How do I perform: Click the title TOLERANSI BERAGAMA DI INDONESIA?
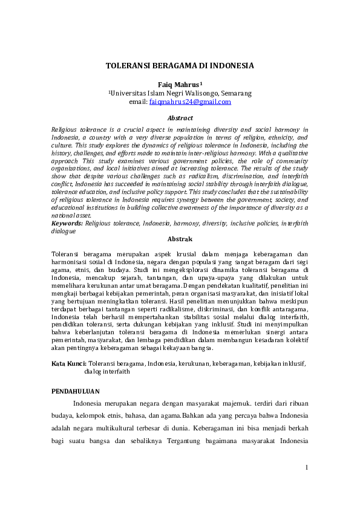180,65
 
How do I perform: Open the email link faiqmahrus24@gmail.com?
190,102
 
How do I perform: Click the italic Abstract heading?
180,118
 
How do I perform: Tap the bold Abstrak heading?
180,239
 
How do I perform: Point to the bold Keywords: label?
67,224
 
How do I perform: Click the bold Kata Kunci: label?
69,364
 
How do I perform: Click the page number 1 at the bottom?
307,467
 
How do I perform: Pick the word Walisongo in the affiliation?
191,94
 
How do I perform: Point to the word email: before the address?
138,102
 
